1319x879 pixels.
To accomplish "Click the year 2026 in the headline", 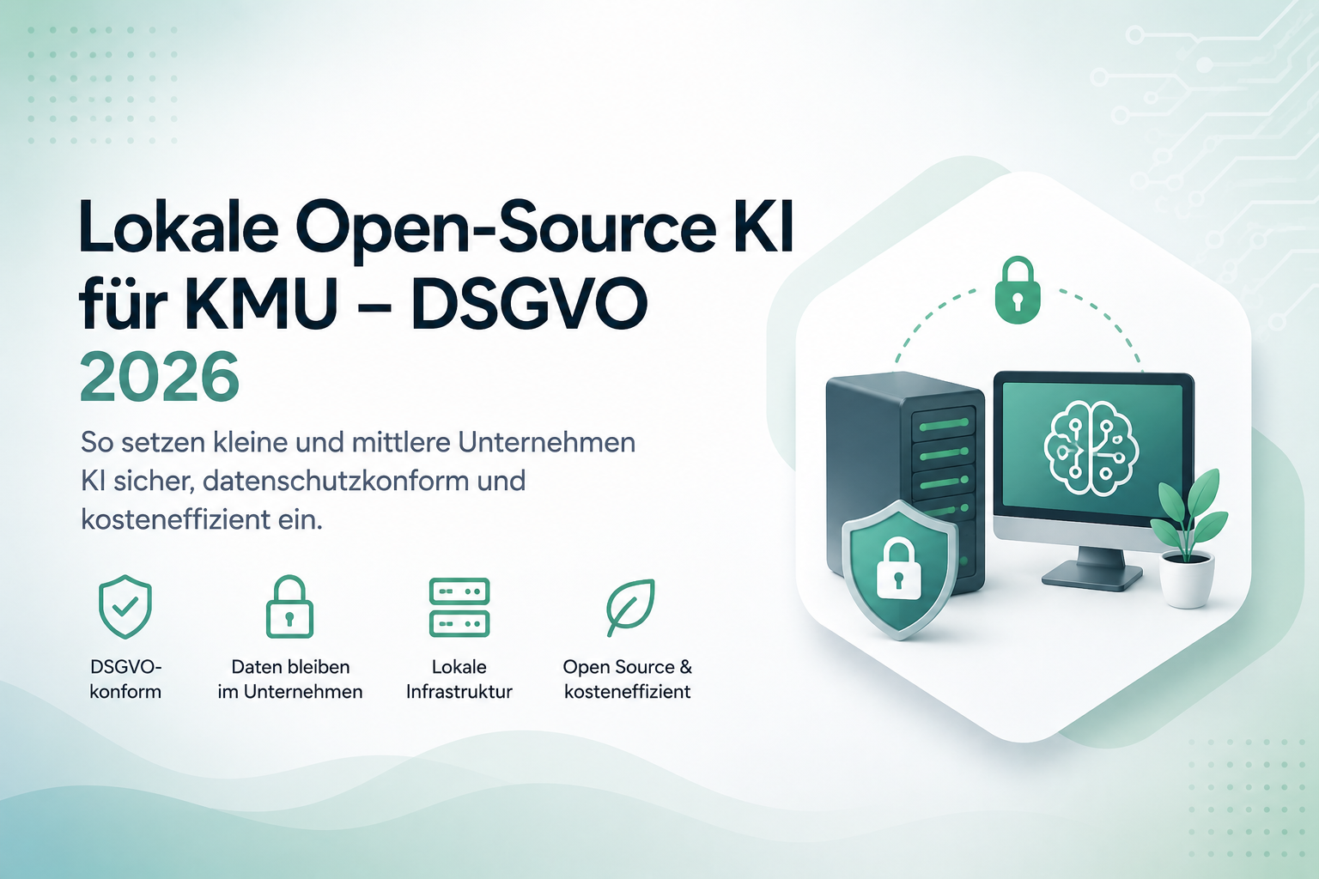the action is pyautogui.click(x=160, y=377).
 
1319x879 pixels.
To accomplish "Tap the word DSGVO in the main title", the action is pyautogui.click(x=529, y=304).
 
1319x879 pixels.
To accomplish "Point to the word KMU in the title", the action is pyautogui.click(x=261, y=304).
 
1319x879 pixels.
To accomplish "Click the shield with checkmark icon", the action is pyautogui.click(x=125, y=607).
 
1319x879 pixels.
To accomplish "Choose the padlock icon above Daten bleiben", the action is pyautogui.click(x=289, y=607).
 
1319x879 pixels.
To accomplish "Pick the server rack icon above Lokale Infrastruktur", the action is pyautogui.click(x=459, y=608).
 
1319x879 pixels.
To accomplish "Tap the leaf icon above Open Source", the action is pyautogui.click(x=630, y=608).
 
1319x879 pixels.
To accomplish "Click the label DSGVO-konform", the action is pyautogui.click(x=125, y=679).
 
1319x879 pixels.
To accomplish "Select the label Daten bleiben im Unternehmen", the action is pyautogui.click(x=289, y=679).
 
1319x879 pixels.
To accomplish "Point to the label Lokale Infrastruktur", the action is pyautogui.click(x=459, y=679).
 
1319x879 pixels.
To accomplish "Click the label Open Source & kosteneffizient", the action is pyautogui.click(x=627, y=679).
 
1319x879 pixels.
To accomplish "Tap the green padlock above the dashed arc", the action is pyautogui.click(x=1018, y=289).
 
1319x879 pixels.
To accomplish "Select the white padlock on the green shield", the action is pyautogui.click(x=898, y=571).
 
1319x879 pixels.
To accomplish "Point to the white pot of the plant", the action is pyautogui.click(x=1187, y=580).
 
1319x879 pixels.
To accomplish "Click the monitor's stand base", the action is pyautogui.click(x=1091, y=574).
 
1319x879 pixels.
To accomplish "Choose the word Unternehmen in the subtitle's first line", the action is pyautogui.click(x=546, y=443).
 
